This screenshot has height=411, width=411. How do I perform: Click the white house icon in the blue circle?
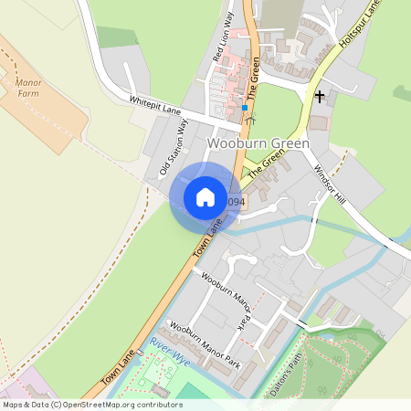click(x=205, y=196)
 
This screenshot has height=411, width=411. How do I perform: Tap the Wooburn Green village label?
click(x=258, y=143)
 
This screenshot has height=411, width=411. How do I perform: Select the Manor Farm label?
click(x=28, y=88)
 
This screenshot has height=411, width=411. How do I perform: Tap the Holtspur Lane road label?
click(x=360, y=22)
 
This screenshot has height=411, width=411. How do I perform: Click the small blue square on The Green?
click(x=245, y=108)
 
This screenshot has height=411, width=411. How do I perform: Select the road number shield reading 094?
click(x=235, y=202)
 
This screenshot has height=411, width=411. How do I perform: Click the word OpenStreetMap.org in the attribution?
click(x=105, y=405)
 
